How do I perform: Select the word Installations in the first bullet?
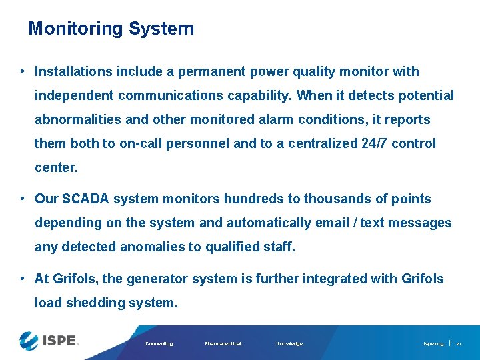pyautogui.click(x=71, y=71)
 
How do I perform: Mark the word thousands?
pyautogui.click(x=333, y=199)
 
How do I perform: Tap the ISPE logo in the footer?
pyautogui.click(x=49, y=341)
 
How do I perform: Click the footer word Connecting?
pyautogui.click(x=159, y=344)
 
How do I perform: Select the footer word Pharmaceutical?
pyautogui.click(x=223, y=344)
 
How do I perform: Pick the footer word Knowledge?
pyautogui.click(x=289, y=344)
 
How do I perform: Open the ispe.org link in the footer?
pyautogui.click(x=433, y=344)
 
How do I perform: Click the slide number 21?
pyautogui.click(x=459, y=344)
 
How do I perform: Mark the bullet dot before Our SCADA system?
pyautogui.click(x=23, y=199)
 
